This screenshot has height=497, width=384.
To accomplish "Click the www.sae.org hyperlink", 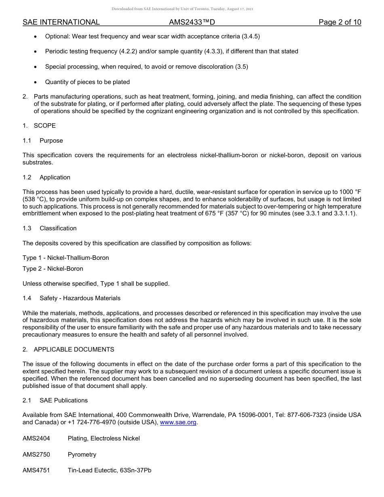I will tap(178, 423).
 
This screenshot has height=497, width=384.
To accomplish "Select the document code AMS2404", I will tap(36, 438).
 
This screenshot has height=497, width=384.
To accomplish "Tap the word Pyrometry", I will tap(82, 455).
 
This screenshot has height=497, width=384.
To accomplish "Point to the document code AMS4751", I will tap(36, 470).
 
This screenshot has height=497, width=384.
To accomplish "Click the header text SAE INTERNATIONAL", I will tap(61, 23).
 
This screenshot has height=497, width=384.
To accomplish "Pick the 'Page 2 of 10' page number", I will tap(340, 23).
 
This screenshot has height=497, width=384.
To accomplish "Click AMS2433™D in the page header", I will tap(192, 23).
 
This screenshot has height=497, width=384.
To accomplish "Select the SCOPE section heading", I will tap(44, 126).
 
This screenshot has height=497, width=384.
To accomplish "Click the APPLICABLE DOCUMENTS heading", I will tap(74, 349).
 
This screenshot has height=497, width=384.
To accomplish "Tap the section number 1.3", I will tap(27, 228).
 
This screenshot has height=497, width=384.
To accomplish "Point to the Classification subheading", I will tap(58, 228).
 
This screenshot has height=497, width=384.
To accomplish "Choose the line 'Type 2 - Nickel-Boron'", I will tap(53, 269).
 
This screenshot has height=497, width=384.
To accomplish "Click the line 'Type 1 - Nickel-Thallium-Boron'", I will tap(65, 258).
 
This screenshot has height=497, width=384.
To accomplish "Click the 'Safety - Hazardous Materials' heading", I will tap(80, 298).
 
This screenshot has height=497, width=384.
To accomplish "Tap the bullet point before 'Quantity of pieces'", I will tap(36, 82).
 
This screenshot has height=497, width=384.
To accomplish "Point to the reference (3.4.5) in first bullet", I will tap(251, 36).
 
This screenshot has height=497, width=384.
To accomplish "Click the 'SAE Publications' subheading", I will tap(63, 400).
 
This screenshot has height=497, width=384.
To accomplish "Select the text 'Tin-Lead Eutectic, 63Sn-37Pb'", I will tap(110, 470).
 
